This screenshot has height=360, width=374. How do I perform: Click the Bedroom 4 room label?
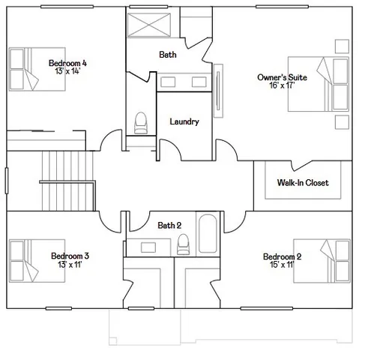tap(63, 63)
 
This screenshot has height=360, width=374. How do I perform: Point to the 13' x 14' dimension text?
tap(63, 72)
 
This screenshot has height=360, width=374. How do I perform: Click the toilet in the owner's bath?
tap(140, 122)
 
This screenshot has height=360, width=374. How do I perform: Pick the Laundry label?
tap(184, 121)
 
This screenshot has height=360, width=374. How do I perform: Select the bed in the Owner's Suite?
tap(318, 84)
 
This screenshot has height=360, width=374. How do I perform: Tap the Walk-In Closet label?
tap(302, 183)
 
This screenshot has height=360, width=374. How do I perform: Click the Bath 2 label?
tap(169, 225)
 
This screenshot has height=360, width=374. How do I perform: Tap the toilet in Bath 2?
tap(182, 245)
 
